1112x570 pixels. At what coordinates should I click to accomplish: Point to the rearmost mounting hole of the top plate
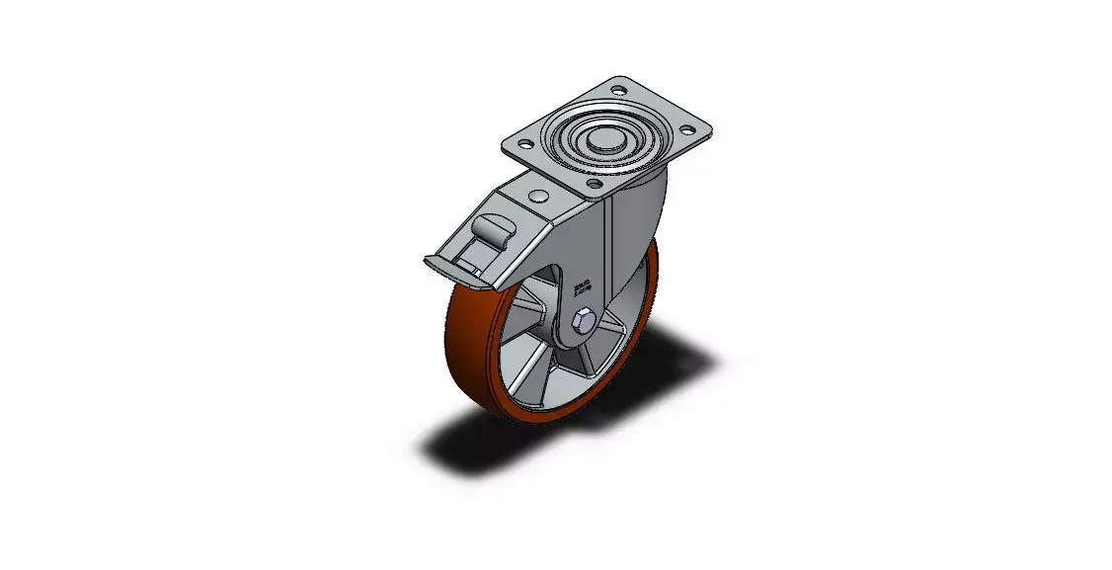pos(619,91)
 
